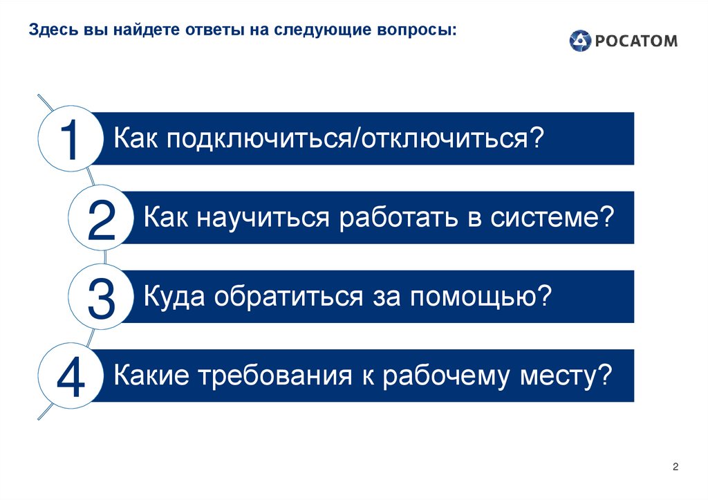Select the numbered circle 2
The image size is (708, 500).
102,219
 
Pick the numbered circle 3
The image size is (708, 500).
102,297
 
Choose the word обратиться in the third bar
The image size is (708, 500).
287,297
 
